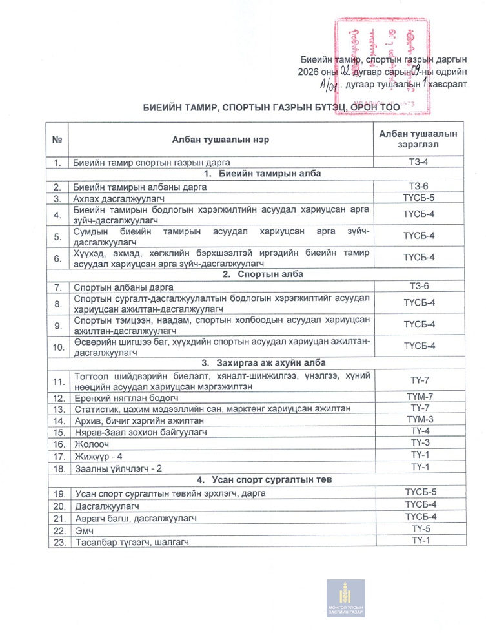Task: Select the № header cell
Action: (x=57, y=139)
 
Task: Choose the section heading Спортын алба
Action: (x=252, y=274)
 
